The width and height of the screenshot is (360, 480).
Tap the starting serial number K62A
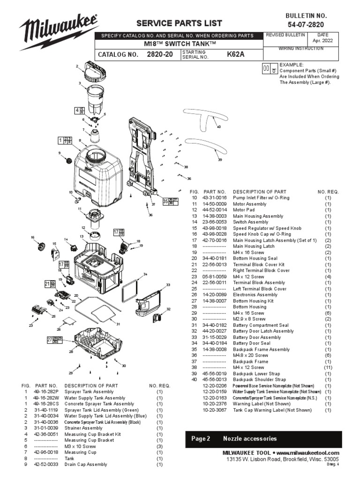[236, 54]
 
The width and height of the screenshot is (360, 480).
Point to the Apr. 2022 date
[323, 41]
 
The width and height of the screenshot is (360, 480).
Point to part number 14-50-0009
[215, 204]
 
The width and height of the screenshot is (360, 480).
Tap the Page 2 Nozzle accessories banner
[263, 439]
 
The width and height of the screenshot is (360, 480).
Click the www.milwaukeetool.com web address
[307, 453]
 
